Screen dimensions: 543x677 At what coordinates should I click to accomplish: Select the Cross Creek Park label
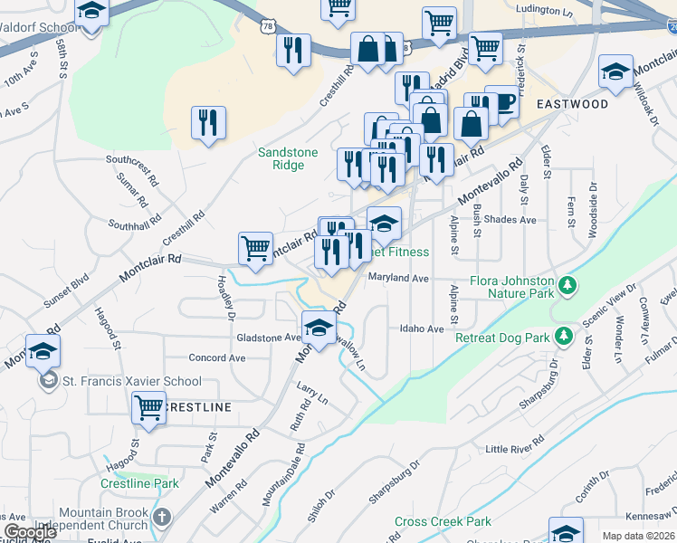[x=443, y=522]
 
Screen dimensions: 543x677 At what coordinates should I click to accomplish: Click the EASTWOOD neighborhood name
[x=572, y=104]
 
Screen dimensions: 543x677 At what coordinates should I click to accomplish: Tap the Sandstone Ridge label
[x=288, y=159]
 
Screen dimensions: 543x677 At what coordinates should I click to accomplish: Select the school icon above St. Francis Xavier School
[x=43, y=351]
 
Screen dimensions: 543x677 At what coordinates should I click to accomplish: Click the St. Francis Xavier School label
[x=131, y=381]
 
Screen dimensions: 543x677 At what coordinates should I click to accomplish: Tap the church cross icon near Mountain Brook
[x=161, y=518]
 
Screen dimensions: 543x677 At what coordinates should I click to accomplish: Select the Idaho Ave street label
[x=422, y=329]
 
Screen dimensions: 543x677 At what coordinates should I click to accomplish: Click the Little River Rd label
[x=515, y=448]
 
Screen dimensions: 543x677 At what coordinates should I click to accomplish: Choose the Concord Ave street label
[x=217, y=357]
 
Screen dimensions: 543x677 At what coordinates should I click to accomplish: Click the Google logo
[x=30, y=532]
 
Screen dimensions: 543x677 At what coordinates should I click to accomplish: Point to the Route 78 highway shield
[x=265, y=27]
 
